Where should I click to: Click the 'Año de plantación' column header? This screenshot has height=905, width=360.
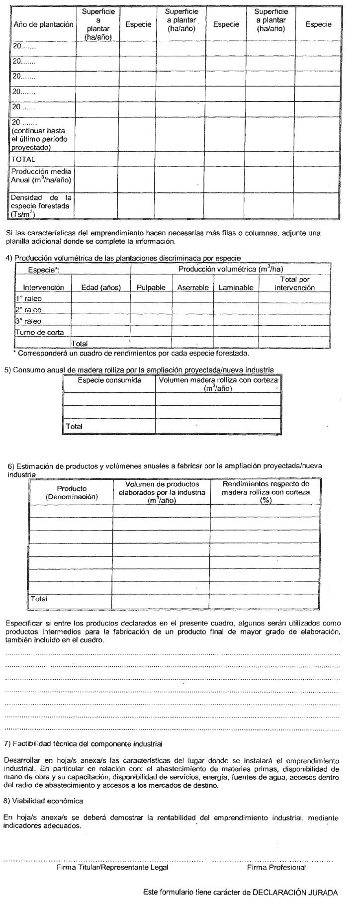pyautogui.click(x=43, y=24)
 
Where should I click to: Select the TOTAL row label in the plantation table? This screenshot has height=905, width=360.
pyautogui.click(x=24, y=159)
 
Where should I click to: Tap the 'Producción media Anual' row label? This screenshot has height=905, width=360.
pyautogui.click(x=41, y=176)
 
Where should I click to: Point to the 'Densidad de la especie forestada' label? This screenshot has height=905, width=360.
pyautogui.click(x=41, y=206)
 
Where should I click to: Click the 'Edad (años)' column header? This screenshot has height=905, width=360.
pyautogui.click(x=101, y=287)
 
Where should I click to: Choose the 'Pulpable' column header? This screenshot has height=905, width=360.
pyautogui.click(x=151, y=287)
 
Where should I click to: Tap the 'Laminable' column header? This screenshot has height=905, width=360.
pyautogui.click(x=235, y=287)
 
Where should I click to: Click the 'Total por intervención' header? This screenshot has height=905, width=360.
pyautogui.click(x=294, y=283)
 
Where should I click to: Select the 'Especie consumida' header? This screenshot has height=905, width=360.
pyautogui.click(x=109, y=380)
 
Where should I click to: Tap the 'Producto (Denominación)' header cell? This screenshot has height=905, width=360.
pyautogui.click(x=72, y=492)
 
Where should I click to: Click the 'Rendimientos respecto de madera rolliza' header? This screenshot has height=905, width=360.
pyautogui.click(x=266, y=492)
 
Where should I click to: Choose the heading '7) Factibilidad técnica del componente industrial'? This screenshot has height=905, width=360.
pyautogui.click(x=84, y=744)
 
